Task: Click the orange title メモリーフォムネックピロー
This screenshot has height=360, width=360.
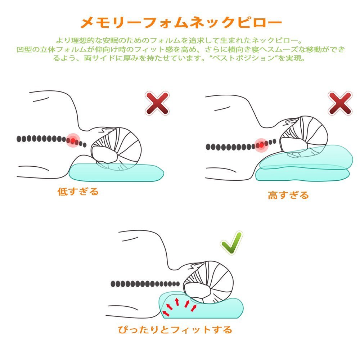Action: pyautogui.click(x=181, y=22)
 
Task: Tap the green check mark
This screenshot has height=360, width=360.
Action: pyautogui.click(x=231, y=243)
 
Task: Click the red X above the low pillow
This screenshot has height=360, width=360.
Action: pyautogui.click(x=157, y=103)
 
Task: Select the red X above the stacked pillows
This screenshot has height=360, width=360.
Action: pyautogui.click(x=340, y=103)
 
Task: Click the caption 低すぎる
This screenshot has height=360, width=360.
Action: pyautogui.click(x=78, y=191)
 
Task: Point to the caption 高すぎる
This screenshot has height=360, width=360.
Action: pyautogui.click(x=288, y=195)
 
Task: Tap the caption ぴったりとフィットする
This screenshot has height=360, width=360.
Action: pyautogui.click(x=175, y=330)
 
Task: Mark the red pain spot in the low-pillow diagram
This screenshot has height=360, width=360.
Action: pyautogui.click(x=73, y=140)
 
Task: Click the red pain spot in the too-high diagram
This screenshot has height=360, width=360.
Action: pyautogui.click(x=261, y=145)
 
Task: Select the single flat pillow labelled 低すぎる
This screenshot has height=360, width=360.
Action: pyautogui.click(x=116, y=172)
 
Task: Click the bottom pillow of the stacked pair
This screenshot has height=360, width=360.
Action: pyautogui.click(x=302, y=175)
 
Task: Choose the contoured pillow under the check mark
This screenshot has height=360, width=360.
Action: pyautogui.click(x=201, y=306)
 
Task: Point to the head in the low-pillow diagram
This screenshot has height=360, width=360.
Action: pyautogui.click(x=116, y=148)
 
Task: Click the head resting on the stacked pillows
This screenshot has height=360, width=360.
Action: pyautogui.click(x=304, y=136)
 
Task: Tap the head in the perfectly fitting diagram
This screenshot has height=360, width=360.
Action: pyautogui.click(x=208, y=282)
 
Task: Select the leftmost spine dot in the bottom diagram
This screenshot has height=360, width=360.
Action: pyautogui.click(x=113, y=284)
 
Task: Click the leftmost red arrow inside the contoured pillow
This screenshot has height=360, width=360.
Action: pyautogui.click(x=166, y=313)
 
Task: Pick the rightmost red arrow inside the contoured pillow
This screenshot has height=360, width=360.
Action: pyautogui.click(x=194, y=308)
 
